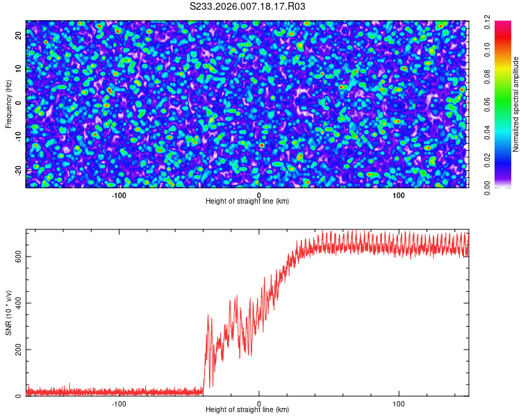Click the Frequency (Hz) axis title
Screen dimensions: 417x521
pos(9,104)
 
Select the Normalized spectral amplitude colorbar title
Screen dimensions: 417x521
pos(516,104)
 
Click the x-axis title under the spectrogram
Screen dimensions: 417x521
pos(247,201)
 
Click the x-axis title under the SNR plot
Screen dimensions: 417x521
pos(247,409)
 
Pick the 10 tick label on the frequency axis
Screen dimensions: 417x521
pos(19,69)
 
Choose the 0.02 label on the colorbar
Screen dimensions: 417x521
pos(488,159)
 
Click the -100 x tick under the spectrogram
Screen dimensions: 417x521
pos(119,195)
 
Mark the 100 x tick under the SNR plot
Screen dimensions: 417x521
pos(399,403)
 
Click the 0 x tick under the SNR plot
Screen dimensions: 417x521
pos(259,403)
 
